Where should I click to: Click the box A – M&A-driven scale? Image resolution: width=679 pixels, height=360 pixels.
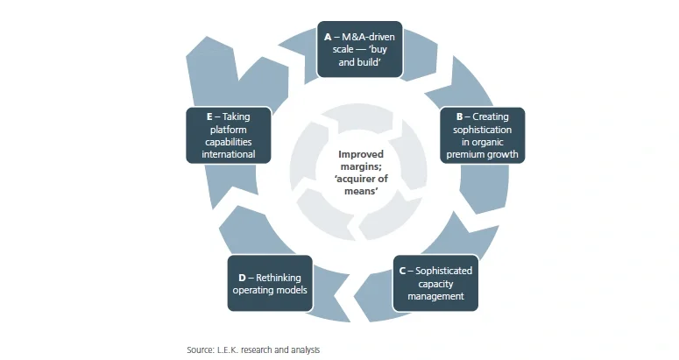pos(359,49)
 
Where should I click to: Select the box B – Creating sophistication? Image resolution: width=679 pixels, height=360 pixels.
pos(482,136)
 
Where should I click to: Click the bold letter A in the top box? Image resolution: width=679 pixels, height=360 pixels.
pos(328,37)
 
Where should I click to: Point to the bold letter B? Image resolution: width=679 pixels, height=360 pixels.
pos(459,116)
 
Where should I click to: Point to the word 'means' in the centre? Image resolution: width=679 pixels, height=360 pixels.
pos(359,191)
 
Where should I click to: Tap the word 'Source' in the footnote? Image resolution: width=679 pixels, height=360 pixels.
pos(200,349)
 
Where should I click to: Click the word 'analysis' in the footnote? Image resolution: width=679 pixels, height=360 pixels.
pos(302,349)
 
